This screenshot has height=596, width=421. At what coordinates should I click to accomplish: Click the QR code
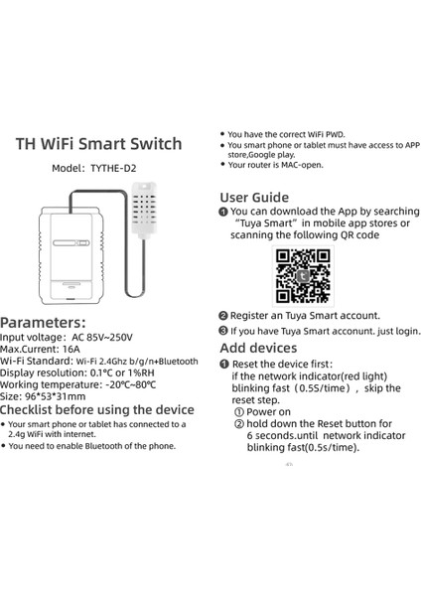(x=302, y=276)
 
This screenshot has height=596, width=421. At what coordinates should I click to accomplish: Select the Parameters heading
(x=50, y=322)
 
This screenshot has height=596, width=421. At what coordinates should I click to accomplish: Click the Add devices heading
(x=258, y=348)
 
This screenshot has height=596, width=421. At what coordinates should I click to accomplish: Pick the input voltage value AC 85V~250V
(x=115, y=338)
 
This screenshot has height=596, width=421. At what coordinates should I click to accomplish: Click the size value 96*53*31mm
(x=56, y=395)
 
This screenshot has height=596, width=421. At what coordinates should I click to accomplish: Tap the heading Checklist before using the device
(x=97, y=409)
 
